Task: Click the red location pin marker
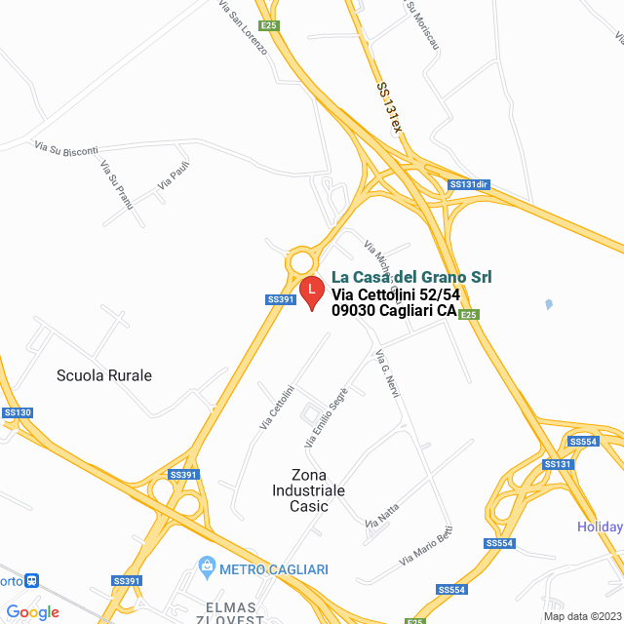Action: [x=311, y=292]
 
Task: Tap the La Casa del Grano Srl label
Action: [x=411, y=277]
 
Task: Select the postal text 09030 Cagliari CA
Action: [x=394, y=311]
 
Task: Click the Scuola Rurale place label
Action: [x=104, y=375]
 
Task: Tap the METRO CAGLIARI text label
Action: [x=273, y=568]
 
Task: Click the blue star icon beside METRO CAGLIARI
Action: [x=207, y=566]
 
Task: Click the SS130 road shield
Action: [x=18, y=413]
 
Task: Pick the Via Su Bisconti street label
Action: [x=66, y=149]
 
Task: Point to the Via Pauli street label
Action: [x=173, y=175]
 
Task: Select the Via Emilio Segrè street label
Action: [x=326, y=416]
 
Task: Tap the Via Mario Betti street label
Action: [x=426, y=548]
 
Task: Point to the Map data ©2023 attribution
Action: [x=581, y=616]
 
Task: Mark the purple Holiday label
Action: [x=599, y=527]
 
